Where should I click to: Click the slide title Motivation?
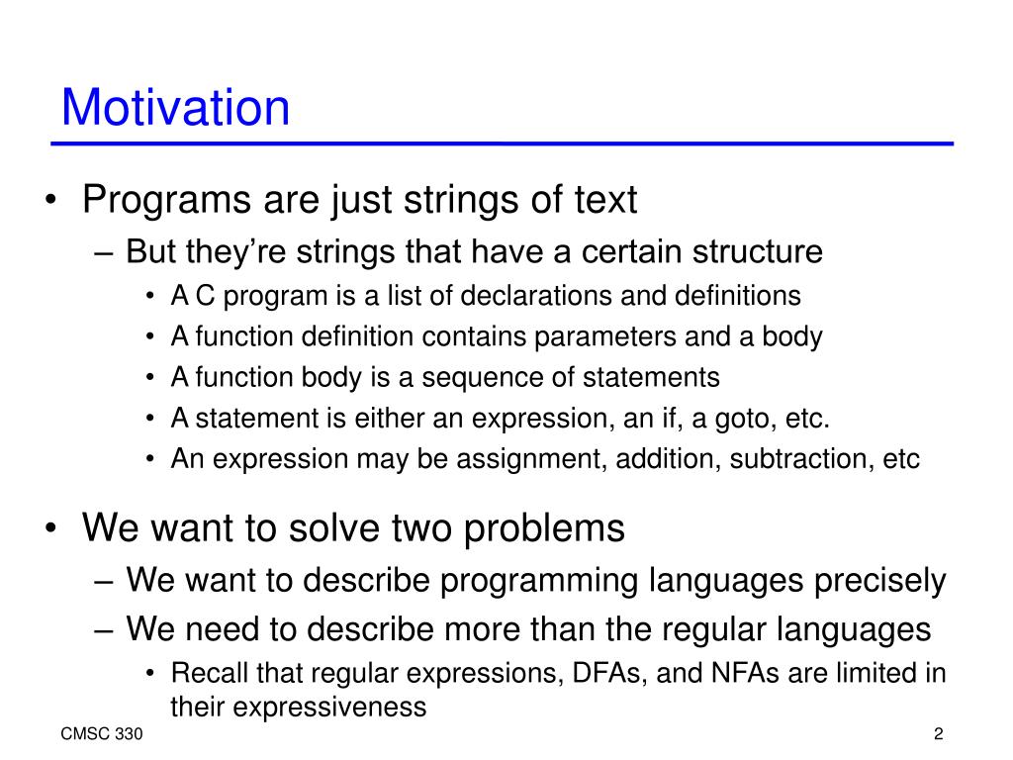click(175, 107)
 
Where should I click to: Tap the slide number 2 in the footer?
click(938, 734)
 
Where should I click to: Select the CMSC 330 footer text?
click(102, 734)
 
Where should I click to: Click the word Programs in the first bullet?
click(166, 200)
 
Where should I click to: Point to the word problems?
click(544, 528)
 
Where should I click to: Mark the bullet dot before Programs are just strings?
click(51, 200)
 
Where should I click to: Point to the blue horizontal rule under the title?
click(502, 143)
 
